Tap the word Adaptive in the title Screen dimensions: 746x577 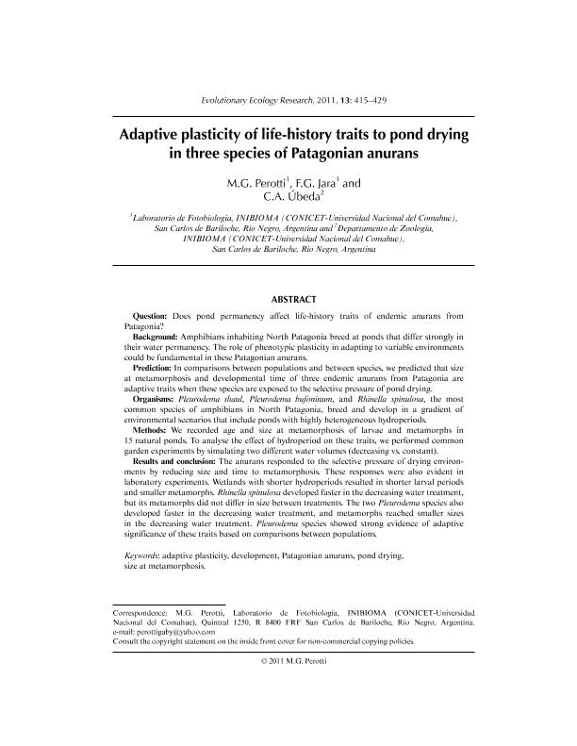[x=152, y=134]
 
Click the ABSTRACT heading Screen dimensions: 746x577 [x=292, y=299]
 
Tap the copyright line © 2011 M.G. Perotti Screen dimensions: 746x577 [x=292, y=661]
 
